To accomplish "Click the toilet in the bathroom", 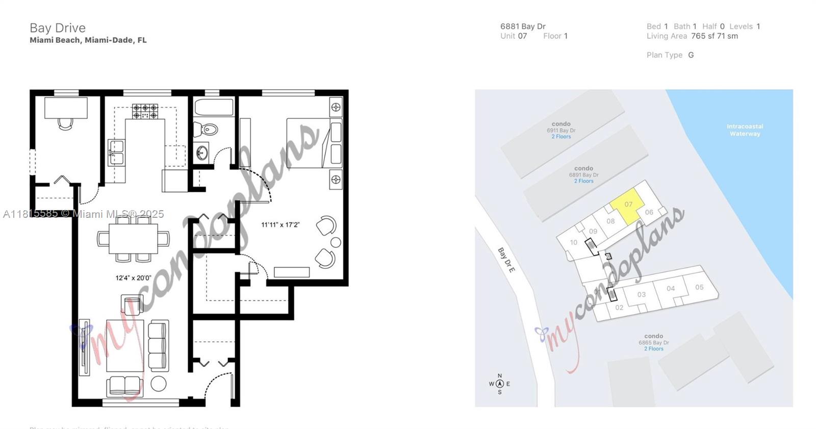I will (209, 130).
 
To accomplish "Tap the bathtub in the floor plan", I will (214, 108).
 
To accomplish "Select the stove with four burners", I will (145, 111).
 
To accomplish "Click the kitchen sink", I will (116, 152).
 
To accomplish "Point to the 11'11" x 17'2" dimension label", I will (280, 224).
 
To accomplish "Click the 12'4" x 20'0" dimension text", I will (133, 278).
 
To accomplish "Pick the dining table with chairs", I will (133, 239).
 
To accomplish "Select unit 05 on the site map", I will (699, 287).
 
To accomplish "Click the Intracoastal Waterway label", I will (745, 130).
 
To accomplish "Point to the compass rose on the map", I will (500, 384).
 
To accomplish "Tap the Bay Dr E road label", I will (506, 260).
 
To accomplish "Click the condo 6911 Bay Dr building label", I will (561, 130).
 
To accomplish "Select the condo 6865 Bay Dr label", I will (653, 342).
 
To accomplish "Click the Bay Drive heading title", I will (58, 28).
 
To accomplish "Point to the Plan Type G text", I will (670, 55).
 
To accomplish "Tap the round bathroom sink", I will (202, 152).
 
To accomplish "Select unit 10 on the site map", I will (574, 242).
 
